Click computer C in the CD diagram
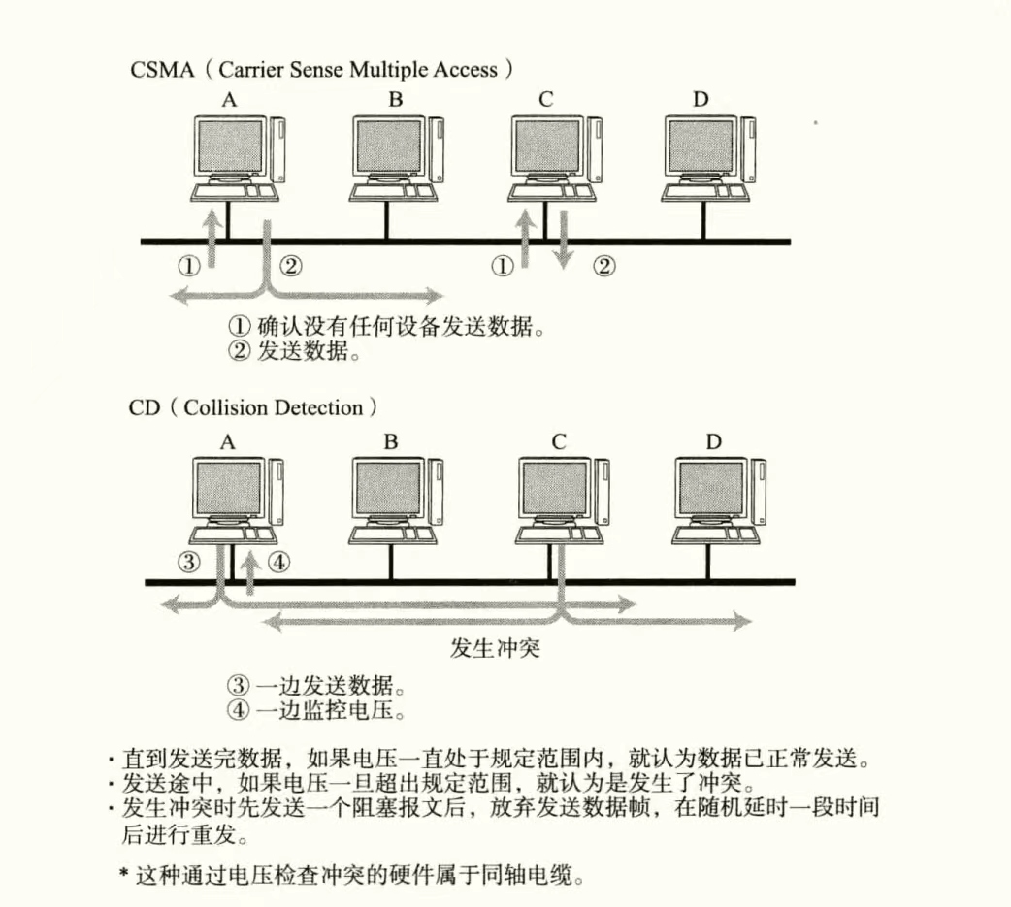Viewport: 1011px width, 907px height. coord(562,498)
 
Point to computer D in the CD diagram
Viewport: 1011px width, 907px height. coord(719,498)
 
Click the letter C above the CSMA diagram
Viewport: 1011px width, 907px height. coord(545,99)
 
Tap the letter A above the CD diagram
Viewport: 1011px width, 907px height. coord(228,442)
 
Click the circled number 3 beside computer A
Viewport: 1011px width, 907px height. coord(189,561)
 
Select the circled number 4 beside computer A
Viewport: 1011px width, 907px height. coord(278,561)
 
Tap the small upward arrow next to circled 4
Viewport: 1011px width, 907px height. coord(251,571)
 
